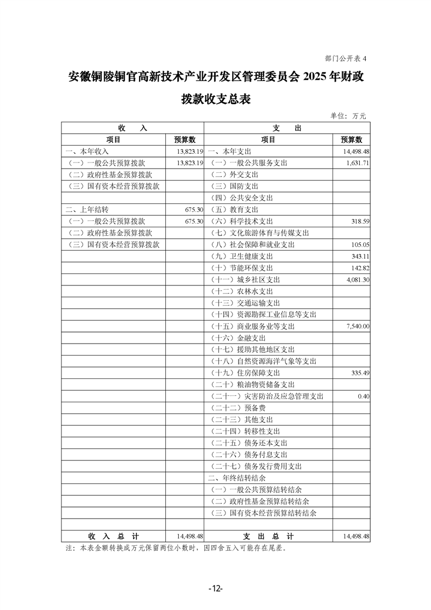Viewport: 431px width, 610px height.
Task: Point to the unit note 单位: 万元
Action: tap(348, 116)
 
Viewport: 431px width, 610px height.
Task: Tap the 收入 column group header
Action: tap(132, 128)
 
